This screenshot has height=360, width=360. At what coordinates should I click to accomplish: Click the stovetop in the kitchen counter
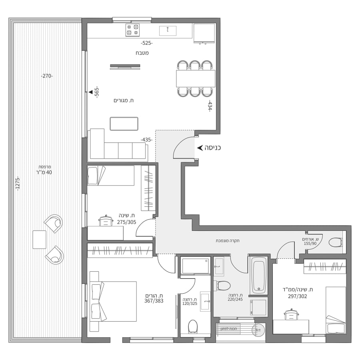(x=133, y=30)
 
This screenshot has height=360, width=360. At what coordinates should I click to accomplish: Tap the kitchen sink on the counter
(x=168, y=31)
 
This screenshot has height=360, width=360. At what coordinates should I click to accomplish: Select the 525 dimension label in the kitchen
(x=147, y=43)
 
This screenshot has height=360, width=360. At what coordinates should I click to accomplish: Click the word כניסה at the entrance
(x=213, y=148)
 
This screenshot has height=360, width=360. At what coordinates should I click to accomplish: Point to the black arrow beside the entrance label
(x=200, y=148)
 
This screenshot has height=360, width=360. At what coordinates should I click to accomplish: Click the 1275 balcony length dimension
(x=18, y=184)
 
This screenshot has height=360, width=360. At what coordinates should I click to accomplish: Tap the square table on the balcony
(x=39, y=240)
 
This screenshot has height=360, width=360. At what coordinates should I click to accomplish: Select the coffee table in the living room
(x=124, y=124)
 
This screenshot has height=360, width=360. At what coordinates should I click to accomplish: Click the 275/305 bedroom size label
(x=126, y=222)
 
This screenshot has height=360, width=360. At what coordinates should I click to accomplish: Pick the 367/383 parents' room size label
(x=154, y=301)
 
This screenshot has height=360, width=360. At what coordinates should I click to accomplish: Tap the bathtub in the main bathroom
(x=258, y=275)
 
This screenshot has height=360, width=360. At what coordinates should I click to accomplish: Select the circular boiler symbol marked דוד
(x=258, y=330)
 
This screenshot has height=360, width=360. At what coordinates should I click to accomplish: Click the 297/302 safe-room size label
(x=298, y=296)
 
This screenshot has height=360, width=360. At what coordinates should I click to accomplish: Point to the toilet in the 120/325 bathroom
(x=193, y=326)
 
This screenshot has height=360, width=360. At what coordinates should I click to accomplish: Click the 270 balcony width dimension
(x=47, y=76)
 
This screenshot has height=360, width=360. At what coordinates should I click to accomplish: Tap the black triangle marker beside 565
(x=91, y=92)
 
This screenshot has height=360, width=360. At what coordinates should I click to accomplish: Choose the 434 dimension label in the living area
(x=210, y=106)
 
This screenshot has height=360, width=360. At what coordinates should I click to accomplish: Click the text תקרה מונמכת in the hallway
(x=228, y=241)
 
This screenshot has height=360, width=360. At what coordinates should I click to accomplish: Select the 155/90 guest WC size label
(x=310, y=243)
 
